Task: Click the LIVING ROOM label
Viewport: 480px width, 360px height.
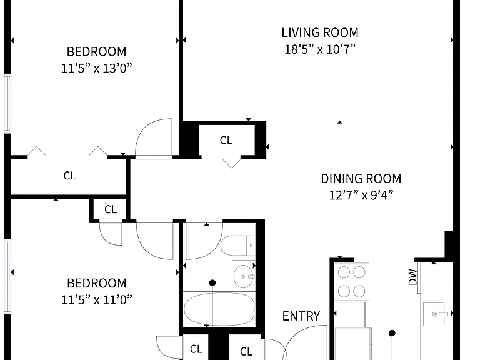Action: [x=320, y=32]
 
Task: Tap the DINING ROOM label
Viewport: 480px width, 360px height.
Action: [x=361, y=179]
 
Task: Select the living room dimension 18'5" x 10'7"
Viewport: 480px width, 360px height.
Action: [x=320, y=49]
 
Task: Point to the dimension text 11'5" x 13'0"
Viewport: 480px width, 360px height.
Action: [x=96, y=68]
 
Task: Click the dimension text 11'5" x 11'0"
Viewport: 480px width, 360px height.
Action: [x=96, y=300]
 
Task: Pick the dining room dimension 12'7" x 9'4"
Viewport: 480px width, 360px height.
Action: [x=361, y=195]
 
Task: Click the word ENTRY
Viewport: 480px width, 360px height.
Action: [x=301, y=316]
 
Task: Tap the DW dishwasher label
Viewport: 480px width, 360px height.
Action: [x=412, y=277]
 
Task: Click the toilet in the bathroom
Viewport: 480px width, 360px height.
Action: [x=238, y=246]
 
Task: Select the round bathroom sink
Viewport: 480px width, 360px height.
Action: [x=243, y=276]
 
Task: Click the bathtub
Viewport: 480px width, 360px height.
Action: [x=219, y=309]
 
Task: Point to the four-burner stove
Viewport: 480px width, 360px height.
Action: [x=351, y=282]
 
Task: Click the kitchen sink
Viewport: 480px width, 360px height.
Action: [x=434, y=314]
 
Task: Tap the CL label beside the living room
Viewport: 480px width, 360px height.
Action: [x=226, y=141]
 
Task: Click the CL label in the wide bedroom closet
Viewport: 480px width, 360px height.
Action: [x=69, y=176]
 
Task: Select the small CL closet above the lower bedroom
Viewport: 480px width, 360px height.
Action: [x=111, y=209]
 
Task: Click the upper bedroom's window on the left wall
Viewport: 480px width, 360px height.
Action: [x=7, y=104]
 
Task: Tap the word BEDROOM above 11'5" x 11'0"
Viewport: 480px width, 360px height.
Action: [x=96, y=283]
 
